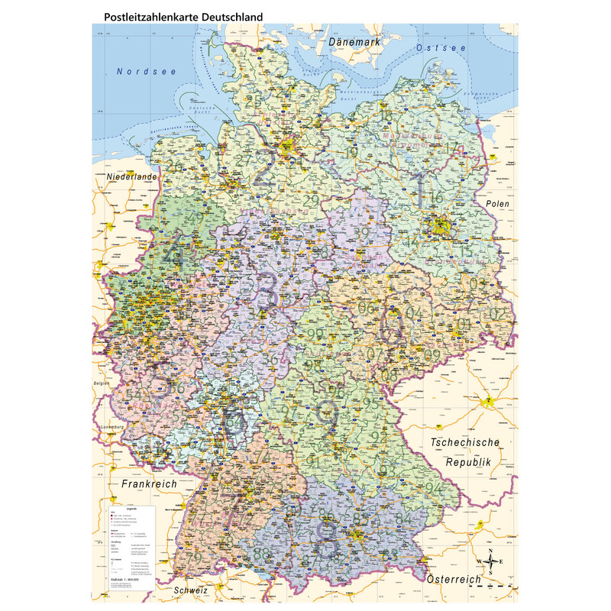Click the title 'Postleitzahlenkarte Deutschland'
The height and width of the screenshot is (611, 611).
pos(178,15)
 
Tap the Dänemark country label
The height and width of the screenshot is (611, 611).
pos(354,43)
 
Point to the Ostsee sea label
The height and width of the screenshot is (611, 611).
pos(441,48)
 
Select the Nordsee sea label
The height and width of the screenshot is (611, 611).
pos(147,72)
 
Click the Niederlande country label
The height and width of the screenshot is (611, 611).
pos(132,176)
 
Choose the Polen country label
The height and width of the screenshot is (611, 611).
pos(496,205)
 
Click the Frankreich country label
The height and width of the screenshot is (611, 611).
pos(149,484)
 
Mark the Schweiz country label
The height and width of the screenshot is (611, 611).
pos(191,590)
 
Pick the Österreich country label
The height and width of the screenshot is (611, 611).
pos(454,580)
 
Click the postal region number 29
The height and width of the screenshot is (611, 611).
pos(311,201)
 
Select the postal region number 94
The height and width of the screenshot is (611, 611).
pos(435,487)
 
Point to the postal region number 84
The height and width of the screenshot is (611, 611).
pos(402,520)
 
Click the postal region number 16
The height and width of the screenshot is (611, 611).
pos(436,198)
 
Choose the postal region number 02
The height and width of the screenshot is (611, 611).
pos(496,314)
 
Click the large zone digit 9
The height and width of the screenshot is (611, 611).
pos(328,415)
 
